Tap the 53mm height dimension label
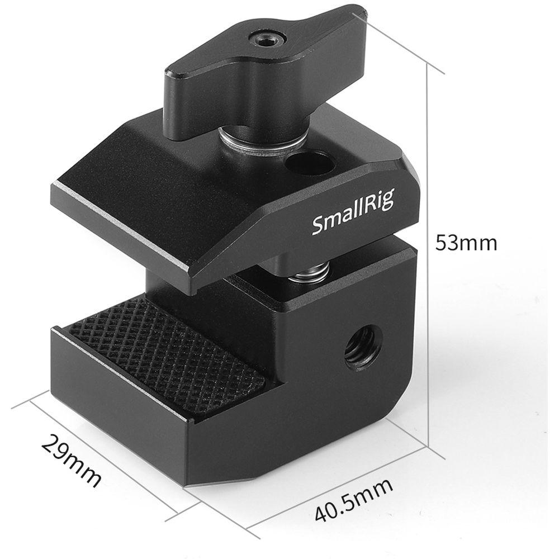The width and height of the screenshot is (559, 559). pos(466,243)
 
